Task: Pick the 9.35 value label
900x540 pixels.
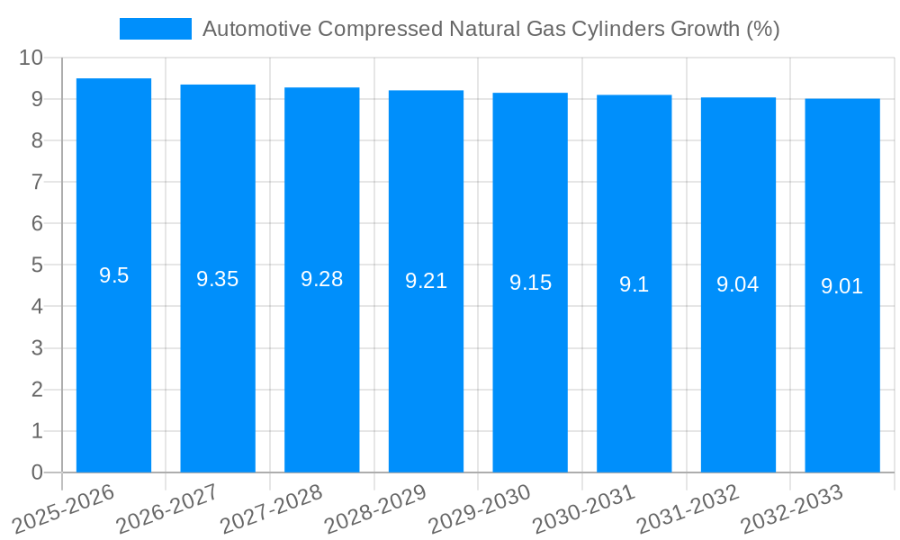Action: coord(218,279)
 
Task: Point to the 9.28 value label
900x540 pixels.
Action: coord(321,279)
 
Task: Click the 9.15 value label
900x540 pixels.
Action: coord(530,283)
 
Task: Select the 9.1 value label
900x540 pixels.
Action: coord(634,284)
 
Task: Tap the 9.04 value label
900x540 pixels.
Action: coord(737,284)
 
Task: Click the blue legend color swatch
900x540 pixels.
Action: coord(155,29)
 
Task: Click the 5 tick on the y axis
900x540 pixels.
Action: coord(37,265)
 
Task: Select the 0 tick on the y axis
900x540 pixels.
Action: coord(37,472)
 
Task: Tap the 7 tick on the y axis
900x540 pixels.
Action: coord(37,182)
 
